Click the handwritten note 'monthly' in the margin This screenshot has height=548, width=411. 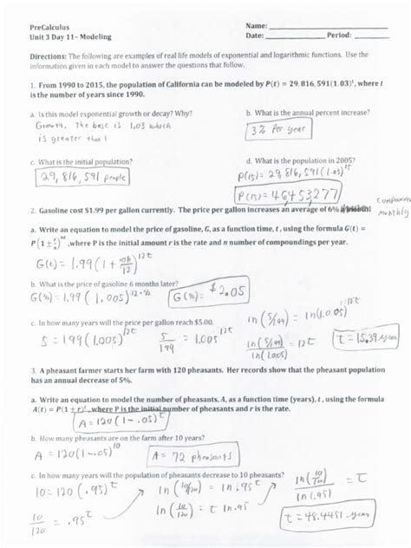(392, 212)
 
